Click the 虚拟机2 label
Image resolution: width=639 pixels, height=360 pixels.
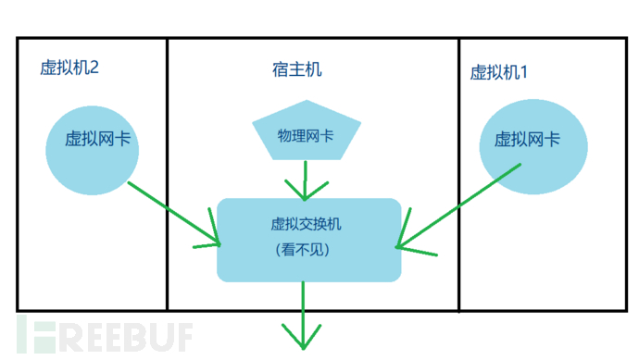click(x=69, y=68)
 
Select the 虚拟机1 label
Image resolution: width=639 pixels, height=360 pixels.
click(x=499, y=72)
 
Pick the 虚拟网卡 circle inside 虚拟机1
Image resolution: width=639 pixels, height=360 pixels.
click(x=532, y=152)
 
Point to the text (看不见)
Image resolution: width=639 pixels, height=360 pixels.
click(x=303, y=250)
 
